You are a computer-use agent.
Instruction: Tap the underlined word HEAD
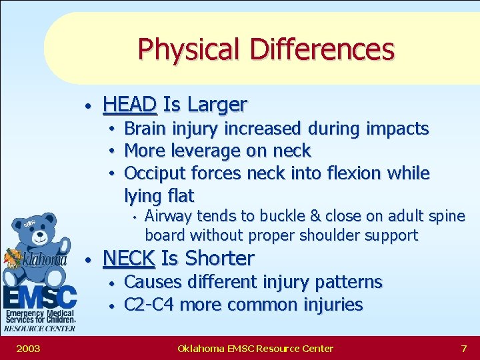[x=130, y=105]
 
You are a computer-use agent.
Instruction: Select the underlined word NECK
[x=129, y=258]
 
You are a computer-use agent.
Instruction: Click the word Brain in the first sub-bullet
[x=145, y=128]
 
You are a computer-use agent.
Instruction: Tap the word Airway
[x=167, y=216]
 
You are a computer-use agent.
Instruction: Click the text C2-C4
[x=150, y=305]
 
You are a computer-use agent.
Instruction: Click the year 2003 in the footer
[x=27, y=348]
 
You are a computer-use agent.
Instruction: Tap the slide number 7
[x=463, y=348]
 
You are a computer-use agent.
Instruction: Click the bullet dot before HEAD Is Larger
[x=88, y=106]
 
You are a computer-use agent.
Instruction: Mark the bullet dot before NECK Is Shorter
[x=88, y=259]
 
